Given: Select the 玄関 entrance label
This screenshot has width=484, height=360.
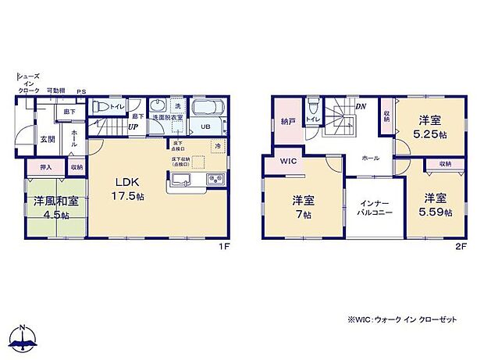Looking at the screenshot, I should click(x=48, y=139).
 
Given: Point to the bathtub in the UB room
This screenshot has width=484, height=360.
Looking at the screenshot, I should click(x=208, y=109).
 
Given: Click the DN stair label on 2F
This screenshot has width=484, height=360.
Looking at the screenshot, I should click(x=361, y=106).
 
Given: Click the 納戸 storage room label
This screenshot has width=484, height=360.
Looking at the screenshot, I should click(x=287, y=122).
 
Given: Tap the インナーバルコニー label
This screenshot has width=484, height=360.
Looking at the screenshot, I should click(x=374, y=207).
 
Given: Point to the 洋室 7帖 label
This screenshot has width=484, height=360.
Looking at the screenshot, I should click(x=303, y=205).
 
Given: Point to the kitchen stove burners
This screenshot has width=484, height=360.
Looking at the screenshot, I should click(x=215, y=180).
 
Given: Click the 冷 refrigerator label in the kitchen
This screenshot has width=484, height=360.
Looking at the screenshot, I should click(x=218, y=146).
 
